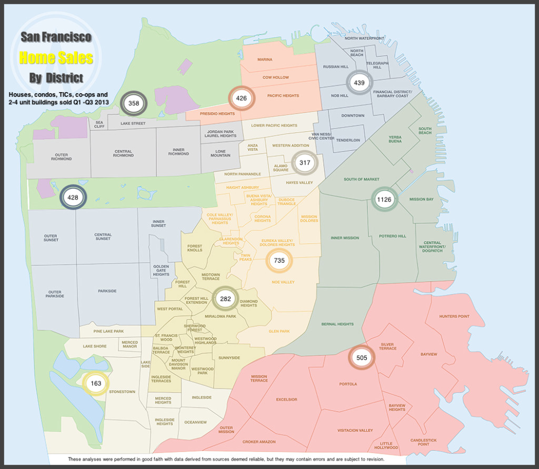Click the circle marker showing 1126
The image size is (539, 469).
coord(384,199)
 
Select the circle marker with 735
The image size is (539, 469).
coord(279,261)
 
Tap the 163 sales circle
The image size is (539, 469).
coord(96,384)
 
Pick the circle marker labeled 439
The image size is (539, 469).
coord(360,83)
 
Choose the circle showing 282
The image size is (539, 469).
coord(225,299)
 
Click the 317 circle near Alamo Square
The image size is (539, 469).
coord(305,163)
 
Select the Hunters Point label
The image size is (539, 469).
coord(454,316)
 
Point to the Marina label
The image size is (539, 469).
coord(265,59)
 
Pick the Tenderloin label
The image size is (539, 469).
coord(348,140)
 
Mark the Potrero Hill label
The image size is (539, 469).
coord(393,236)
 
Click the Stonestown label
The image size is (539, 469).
coord(122,392)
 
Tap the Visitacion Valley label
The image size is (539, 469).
coord(355,431)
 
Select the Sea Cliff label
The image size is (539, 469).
coord(99,124)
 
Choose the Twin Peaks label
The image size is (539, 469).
coord(246,257)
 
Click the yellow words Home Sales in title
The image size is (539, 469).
coord(56,57)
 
